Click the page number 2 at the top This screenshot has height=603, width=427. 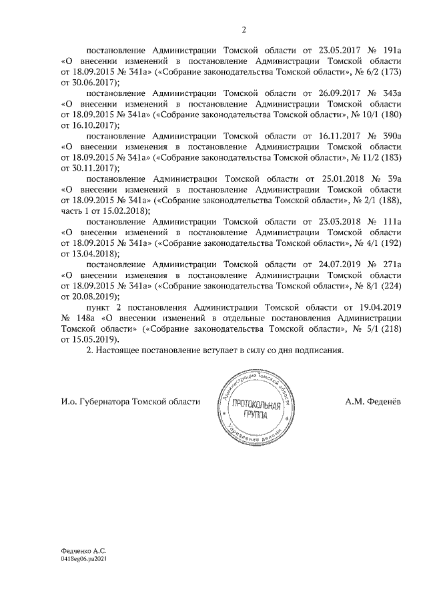coord(244,29)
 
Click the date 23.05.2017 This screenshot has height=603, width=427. coord(338,50)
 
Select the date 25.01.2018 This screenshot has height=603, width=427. coord(338,179)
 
